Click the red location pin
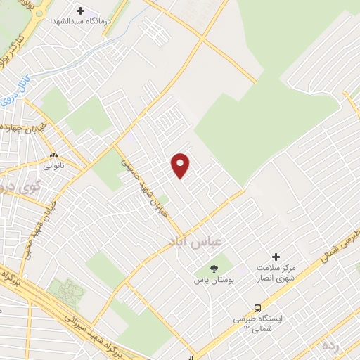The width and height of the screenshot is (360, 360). click(181, 165)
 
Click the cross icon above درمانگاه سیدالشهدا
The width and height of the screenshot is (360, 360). click(79, 11)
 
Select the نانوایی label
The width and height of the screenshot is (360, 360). click(55, 167)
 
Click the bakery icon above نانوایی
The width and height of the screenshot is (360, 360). click(54, 155)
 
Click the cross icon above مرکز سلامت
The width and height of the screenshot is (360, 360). click(275, 257)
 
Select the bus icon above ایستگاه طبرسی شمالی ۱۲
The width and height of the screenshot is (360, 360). click(258, 307)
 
